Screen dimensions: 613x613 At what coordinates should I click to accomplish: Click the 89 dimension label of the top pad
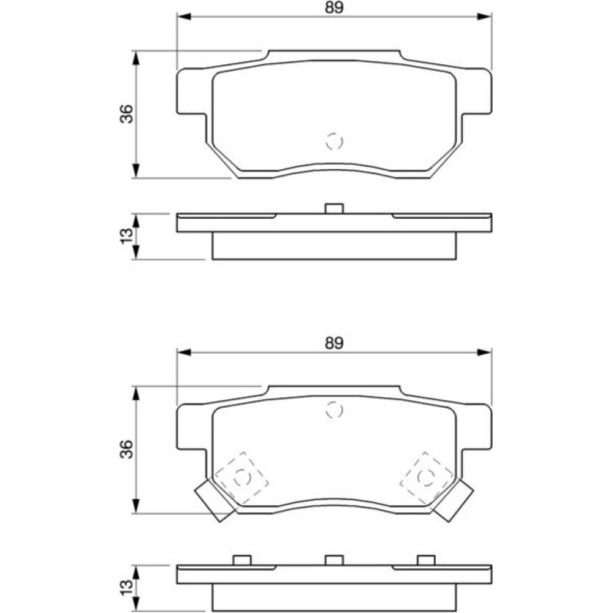click(x=334, y=8)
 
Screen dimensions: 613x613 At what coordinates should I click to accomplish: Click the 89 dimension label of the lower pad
click(x=334, y=343)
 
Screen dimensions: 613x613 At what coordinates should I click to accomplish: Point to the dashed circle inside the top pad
click(x=334, y=141)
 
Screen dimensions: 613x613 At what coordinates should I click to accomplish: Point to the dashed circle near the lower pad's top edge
click(x=334, y=410)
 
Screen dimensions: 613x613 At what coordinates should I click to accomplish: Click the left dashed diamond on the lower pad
click(x=242, y=478)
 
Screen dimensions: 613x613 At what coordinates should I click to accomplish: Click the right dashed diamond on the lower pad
click(x=427, y=478)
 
